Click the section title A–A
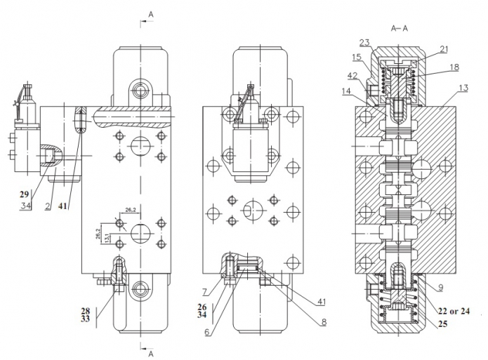coord(399,29)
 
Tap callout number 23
coord(365,43)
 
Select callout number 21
coord(444,49)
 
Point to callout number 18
coord(454,67)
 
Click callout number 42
coord(353,76)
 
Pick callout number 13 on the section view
coord(463,88)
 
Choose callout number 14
coord(345,91)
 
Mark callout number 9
coord(440,288)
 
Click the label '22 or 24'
coord(454,311)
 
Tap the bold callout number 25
coord(442,324)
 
